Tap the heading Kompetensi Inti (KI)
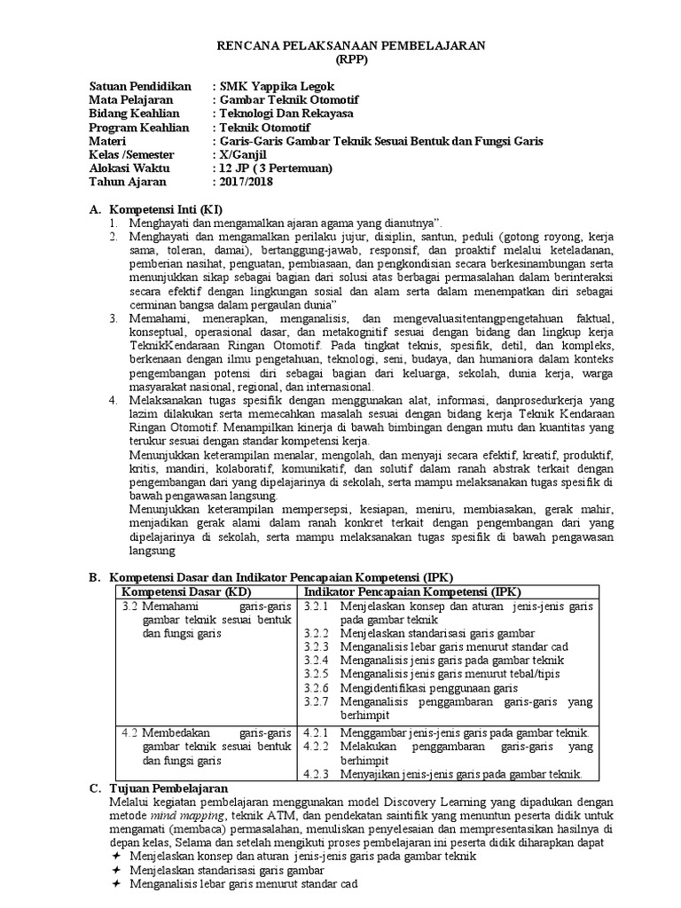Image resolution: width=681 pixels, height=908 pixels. point(169,208)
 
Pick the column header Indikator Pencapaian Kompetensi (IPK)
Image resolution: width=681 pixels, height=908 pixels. point(413,591)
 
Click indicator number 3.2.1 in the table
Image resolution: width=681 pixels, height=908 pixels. point(317,606)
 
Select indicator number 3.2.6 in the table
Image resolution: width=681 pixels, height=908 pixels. point(317,687)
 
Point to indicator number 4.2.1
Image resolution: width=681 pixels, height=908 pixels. point(317,733)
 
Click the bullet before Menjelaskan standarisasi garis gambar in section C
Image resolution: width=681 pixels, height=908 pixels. point(116,871)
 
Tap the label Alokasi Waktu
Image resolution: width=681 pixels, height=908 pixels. point(129,168)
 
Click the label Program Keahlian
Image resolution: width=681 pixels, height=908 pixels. point(139,128)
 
